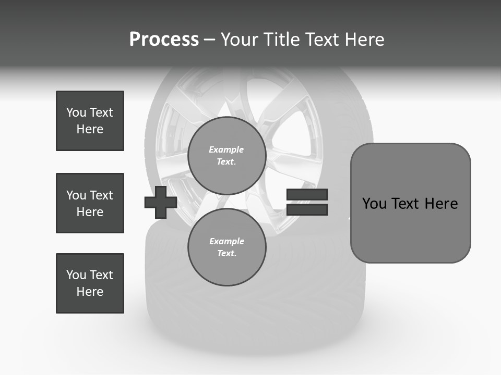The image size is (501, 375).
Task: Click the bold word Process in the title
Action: click(164, 40)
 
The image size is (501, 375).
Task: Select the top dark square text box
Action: click(90, 121)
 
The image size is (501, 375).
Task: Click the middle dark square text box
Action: click(90, 203)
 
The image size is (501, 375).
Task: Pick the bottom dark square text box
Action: click(90, 283)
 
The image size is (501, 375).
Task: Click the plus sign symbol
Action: click(161, 202)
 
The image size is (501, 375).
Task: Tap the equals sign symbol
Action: click(307, 202)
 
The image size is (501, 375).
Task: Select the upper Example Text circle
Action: click(226, 155)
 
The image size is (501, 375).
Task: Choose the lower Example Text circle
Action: click(226, 247)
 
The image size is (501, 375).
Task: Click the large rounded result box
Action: click(410, 203)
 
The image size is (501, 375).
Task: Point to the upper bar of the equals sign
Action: click(307, 195)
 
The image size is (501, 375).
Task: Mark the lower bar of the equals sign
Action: click(307, 209)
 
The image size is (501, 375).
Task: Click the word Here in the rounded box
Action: click(441, 204)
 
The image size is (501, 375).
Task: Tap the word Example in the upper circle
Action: click(226, 149)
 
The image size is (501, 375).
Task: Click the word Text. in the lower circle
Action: click(226, 254)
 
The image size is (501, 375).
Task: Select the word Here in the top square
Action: click(90, 129)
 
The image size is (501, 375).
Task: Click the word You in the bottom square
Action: click(76, 275)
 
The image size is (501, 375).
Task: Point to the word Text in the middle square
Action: click(101, 195)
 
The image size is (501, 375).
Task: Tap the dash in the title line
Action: click(210, 40)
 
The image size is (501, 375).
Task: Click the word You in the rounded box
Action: click(374, 204)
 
